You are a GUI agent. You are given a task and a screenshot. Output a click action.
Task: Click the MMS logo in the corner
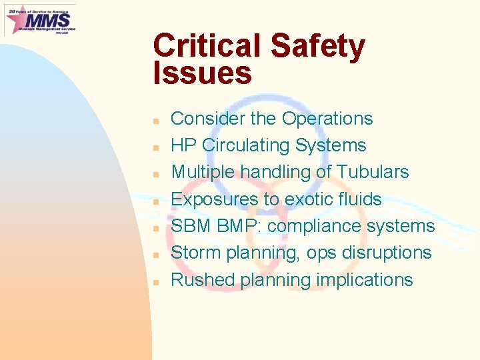pos(40,19)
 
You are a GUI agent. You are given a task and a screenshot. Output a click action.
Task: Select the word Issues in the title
pos(202,73)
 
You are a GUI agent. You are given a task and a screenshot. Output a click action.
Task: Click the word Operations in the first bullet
pos(327,119)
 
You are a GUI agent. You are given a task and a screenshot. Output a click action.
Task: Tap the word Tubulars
pos(373,172)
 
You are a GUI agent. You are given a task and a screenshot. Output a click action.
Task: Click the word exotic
pos(310,199)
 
